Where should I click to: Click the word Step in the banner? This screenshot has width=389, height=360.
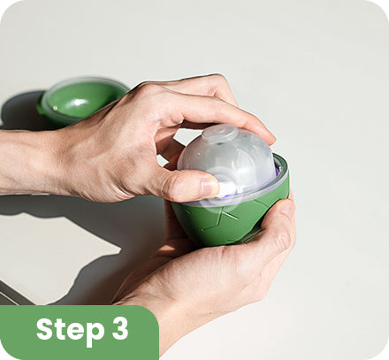71,330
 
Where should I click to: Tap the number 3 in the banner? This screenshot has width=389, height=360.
120,328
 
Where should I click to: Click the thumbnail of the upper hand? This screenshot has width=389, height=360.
210,187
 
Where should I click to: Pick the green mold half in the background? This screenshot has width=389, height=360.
80,100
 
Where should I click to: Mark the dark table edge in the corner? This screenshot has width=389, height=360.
15,292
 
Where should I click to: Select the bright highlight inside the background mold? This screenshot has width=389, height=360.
77,102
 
